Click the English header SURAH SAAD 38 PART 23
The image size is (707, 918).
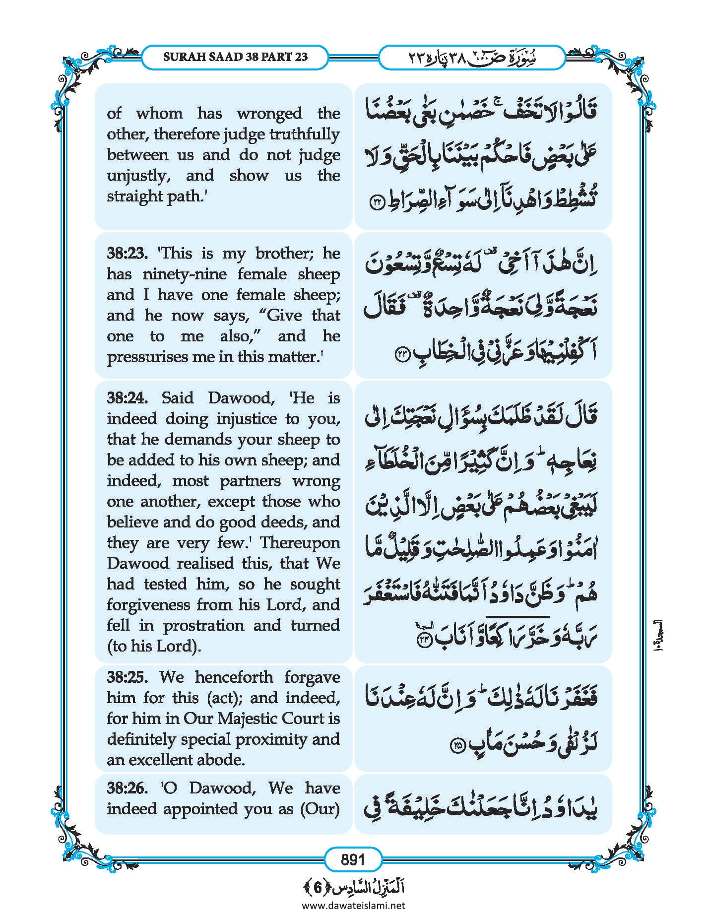(235, 57)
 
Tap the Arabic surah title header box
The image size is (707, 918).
(471, 58)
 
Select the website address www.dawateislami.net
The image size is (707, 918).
(353, 905)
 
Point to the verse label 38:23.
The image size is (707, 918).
(128, 254)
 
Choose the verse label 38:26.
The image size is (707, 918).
(128, 788)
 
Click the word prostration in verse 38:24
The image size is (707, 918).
(203, 626)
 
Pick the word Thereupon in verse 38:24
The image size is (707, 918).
(300, 543)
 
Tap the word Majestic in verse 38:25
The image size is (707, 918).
(249, 719)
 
